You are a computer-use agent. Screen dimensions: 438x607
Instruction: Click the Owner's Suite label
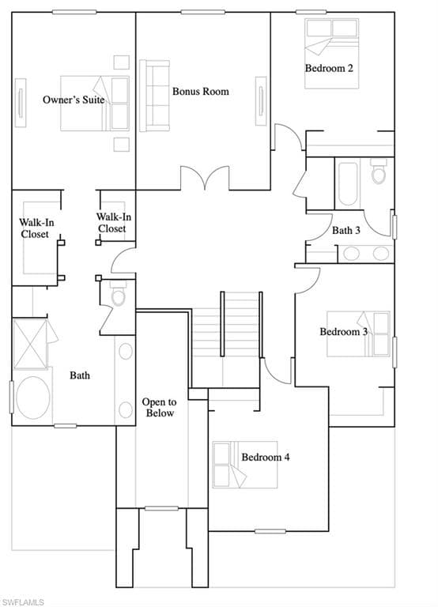point(74,100)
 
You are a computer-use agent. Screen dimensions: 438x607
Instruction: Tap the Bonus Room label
point(201,92)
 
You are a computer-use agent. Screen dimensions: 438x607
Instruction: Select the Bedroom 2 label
point(329,68)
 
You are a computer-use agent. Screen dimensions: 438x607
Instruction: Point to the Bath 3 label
point(345,230)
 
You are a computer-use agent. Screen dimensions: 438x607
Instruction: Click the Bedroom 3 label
point(343,331)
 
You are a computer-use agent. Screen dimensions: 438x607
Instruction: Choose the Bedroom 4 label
point(266,457)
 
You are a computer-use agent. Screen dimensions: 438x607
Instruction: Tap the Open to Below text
point(159,408)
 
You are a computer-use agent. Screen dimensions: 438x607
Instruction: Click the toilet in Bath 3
point(379,171)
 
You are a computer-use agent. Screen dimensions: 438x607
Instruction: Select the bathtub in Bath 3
point(348,184)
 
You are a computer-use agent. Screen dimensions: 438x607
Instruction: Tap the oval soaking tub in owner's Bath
point(33,398)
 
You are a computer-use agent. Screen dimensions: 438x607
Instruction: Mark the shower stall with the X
point(30,344)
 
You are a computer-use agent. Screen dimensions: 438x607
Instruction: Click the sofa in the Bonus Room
point(154,96)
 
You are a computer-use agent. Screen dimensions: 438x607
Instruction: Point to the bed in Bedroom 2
point(331,54)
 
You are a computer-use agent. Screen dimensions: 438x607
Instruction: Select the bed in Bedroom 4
point(245,465)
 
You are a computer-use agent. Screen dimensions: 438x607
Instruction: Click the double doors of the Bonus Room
point(205,178)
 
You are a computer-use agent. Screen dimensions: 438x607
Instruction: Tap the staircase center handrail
point(222,323)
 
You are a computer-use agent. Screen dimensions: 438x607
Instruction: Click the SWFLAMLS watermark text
point(22,602)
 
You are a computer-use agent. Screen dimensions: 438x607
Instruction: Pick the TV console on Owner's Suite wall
point(21,103)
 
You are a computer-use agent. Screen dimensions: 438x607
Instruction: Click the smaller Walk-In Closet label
point(114,223)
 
